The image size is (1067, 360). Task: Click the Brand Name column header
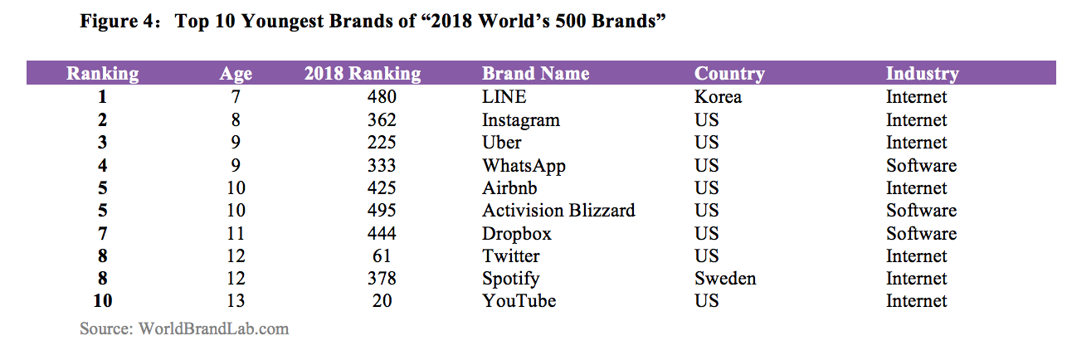click(535, 73)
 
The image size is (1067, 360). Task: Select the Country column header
click(729, 73)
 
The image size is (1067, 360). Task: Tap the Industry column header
click(922, 73)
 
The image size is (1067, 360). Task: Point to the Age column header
click(236, 73)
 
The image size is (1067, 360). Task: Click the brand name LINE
click(504, 97)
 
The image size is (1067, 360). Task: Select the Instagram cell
click(520, 120)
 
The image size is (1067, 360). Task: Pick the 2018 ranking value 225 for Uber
click(382, 143)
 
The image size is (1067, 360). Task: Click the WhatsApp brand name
click(524, 166)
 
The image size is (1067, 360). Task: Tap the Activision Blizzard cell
click(558, 211)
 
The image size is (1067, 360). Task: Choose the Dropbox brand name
click(516, 234)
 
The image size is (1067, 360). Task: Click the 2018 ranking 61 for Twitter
click(382, 256)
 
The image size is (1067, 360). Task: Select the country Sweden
click(724, 279)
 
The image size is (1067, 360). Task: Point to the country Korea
click(718, 97)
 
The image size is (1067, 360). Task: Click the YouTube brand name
click(519, 301)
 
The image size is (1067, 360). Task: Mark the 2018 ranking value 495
click(382, 211)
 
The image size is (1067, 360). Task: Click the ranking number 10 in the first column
click(102, 301)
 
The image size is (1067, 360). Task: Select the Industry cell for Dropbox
click(921, 234)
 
